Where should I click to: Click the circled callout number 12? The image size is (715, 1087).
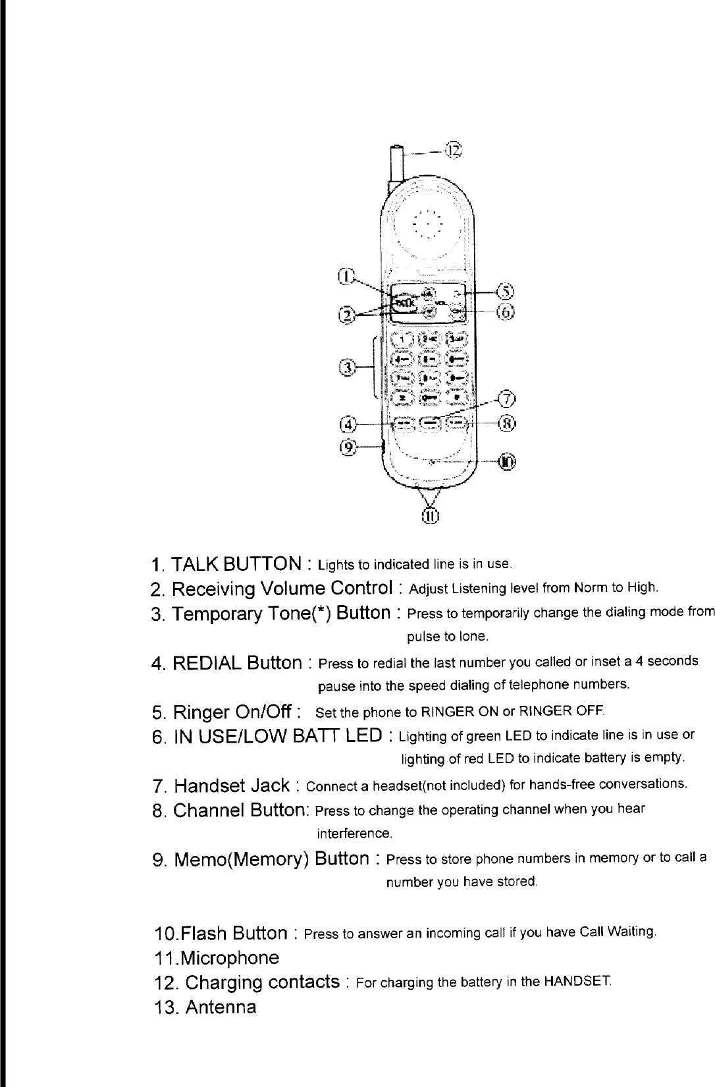(x=454, y=150)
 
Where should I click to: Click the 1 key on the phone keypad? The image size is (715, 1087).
(x=401, y=340)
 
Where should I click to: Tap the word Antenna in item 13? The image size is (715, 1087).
(x=221, y=1007)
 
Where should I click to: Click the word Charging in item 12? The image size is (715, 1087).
(x=221, y=982)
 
